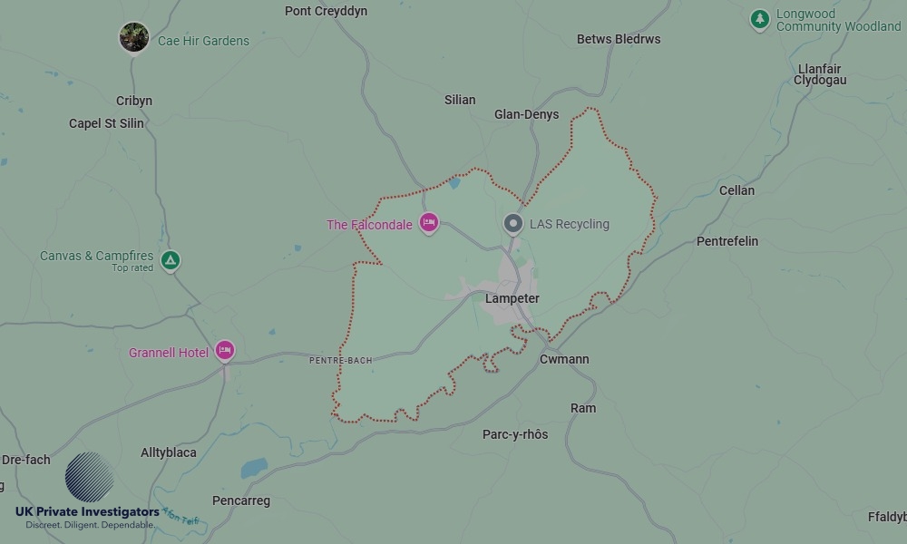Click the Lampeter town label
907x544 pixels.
coord(512,298)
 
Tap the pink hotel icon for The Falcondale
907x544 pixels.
coord(429,223)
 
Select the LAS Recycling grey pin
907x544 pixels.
coord(513,223)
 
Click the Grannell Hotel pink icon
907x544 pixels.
coord(225,351)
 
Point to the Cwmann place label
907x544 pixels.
coord(564,359)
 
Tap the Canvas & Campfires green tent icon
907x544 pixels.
coord(170,261)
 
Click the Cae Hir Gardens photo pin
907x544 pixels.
coord(134,38)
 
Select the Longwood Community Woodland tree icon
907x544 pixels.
coord(760,18)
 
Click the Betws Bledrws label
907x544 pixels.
coord(619,39)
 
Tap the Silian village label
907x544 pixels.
coord(460,100)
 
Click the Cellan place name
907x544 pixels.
coord(736,190)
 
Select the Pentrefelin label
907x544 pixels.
coord(727,241)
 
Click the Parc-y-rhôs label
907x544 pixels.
coord(515,434)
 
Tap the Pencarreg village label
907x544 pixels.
coord(240,500)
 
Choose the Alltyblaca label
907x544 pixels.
coord(169,452)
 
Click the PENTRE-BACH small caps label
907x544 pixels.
coord(340,360)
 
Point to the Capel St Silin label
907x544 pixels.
coord(106,123)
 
